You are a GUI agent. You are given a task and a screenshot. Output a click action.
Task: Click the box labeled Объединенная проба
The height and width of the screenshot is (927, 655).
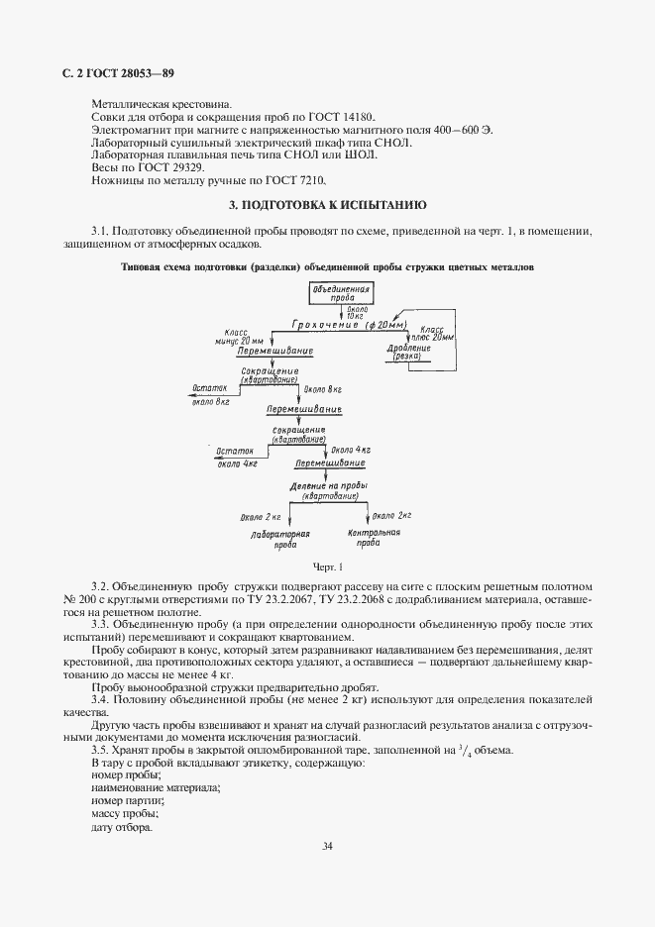point(341,294)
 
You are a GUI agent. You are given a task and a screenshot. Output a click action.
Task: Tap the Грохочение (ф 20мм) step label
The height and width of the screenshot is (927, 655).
point(336,325)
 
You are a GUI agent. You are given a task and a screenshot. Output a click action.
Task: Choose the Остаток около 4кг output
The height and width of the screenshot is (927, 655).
point(237,455)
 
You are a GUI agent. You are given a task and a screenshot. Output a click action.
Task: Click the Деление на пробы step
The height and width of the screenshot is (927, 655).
point(328,490)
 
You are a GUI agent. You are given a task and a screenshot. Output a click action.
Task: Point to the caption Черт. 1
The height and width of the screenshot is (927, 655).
point(327,567)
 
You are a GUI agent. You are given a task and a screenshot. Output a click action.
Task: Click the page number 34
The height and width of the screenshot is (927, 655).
point(327,846)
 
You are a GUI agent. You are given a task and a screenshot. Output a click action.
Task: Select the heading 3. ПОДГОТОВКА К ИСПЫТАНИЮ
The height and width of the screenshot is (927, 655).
point(327,206)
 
